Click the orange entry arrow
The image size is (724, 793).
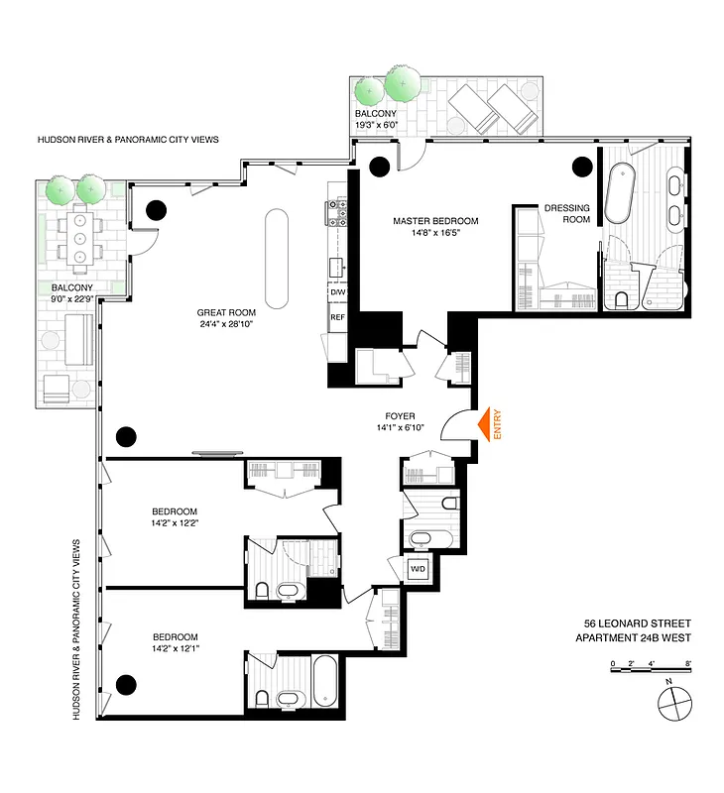coord(486,425)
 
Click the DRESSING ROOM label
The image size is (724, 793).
coord(566,214)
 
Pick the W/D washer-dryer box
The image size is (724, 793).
coord(418,569)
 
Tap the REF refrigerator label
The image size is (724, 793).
coord(337,317)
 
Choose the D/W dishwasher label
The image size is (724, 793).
coord(337,292)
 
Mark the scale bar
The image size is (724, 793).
coord(650,670)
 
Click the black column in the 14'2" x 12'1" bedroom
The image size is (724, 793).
coord(126,683)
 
